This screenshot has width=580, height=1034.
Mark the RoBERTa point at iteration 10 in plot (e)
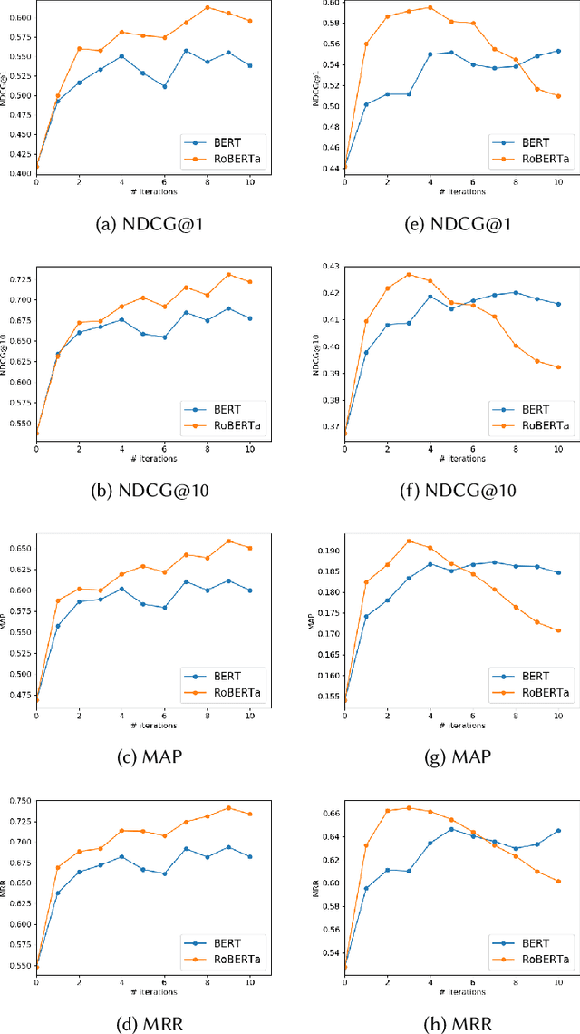click(x=558, y=96)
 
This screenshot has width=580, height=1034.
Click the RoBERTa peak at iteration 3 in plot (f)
click(x=409, y=274)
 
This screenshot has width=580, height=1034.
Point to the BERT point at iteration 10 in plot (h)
click(x=558, y=830)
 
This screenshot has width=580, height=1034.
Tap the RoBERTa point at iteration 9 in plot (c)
click(x=228, y=541)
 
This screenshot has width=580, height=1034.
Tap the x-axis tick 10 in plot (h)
click(x=558, y=984)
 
